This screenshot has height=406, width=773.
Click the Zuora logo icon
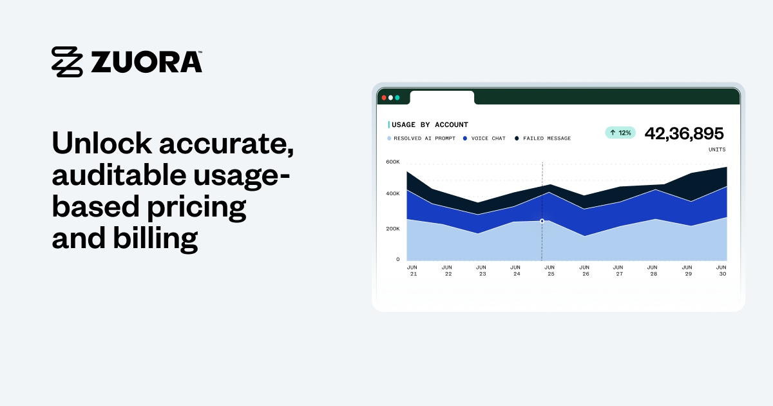pos(67,62)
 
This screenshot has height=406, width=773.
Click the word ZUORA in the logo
pos(146,62)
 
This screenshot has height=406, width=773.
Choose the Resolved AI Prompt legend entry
pos(421,139)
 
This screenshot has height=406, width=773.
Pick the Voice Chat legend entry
pos(484,139)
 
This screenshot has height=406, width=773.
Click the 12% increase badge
pos(620,133)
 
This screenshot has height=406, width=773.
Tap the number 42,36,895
pos(684,133)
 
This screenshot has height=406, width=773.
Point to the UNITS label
pos(716,150)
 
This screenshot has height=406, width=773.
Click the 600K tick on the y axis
pos(393,162)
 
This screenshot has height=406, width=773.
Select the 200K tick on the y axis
pos(393,228)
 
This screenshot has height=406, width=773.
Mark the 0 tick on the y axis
pos(397,259)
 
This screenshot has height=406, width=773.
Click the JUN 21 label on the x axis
pos(412,270)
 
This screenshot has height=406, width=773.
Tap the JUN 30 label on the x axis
pos(721,270)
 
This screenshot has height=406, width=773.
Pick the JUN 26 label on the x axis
pos(584,270)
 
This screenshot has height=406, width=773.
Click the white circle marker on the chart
pos(542,221)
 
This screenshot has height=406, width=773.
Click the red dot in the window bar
pos(384,97)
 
